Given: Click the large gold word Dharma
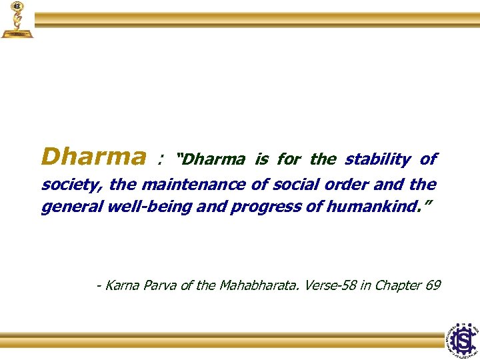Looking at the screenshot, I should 93,157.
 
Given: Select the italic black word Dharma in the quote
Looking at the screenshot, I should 213,160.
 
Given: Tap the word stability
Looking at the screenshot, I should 377,159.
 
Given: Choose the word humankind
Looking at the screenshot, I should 377,207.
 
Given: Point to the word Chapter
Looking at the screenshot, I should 398,285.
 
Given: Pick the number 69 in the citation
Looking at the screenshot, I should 433,285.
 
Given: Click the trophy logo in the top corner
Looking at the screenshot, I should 17,20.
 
